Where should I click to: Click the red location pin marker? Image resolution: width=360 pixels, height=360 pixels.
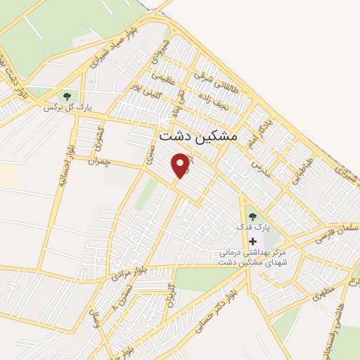[182, 166]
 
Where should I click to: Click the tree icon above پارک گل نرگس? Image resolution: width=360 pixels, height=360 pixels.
[67, 95]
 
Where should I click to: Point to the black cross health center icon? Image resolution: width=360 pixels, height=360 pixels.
[252, 241]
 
